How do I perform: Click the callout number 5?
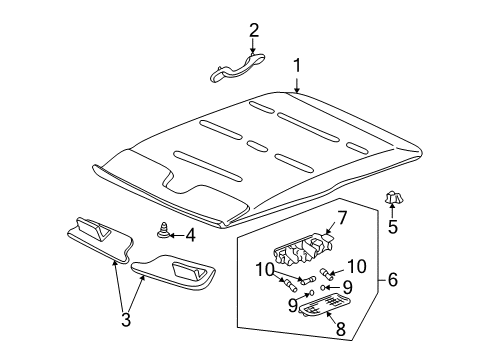click(x=391, y=228)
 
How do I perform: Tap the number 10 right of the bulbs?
click(x=357, y=265)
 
